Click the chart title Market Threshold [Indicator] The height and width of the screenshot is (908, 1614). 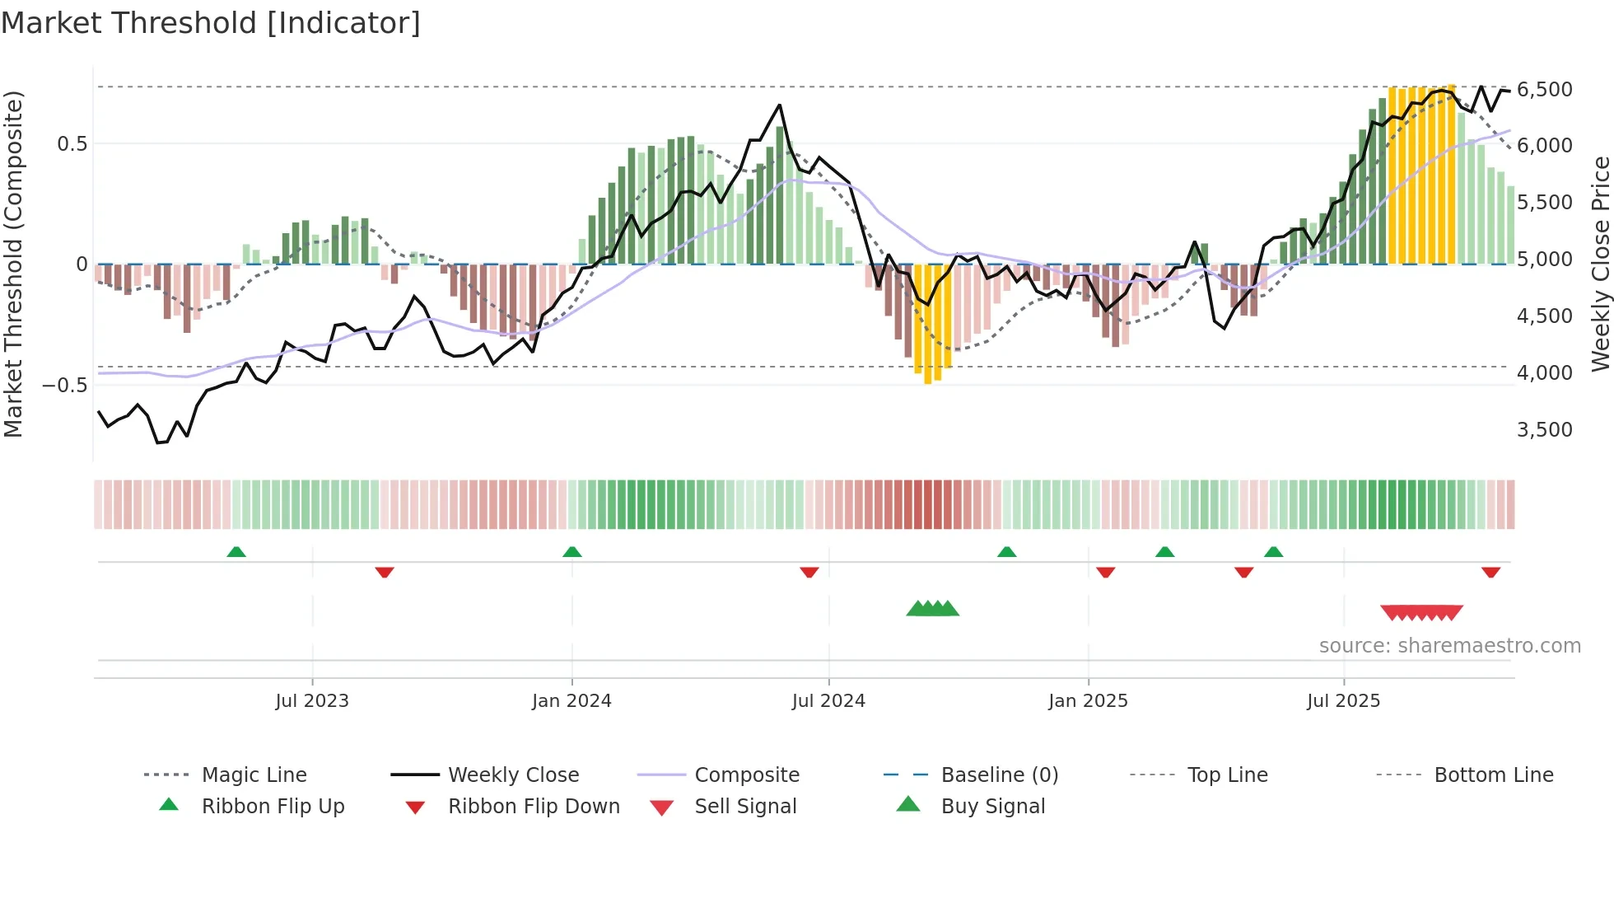[x=211, y=23]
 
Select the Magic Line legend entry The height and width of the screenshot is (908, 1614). [x=254, y=775]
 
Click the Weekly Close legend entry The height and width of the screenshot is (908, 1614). [x=513, y=775]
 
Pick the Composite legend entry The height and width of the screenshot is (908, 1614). [x=746, y=775]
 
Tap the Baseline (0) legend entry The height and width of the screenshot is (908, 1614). [x=999, y=775]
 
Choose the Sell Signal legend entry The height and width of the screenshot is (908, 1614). [x=744, y=806]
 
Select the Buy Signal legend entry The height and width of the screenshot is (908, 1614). [x=992, y=806]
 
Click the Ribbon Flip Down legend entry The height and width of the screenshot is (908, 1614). [x=533, y=806]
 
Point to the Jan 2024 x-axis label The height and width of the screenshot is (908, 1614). [x=571, y=700]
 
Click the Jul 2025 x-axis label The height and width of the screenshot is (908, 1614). [x=1343, y=700]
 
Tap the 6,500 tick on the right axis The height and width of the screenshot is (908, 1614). [x=1544, y=89]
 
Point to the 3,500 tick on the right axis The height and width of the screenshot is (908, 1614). [x=1544, y=429]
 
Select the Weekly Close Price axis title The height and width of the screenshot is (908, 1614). [x=1600, y=264]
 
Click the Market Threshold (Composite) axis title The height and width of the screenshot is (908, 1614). [x=13, y=264]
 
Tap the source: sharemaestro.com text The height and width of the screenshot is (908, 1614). [x=1449, y=645]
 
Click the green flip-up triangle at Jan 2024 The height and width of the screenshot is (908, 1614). [x=572, y=551]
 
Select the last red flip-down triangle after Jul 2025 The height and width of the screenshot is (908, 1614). [x=1490, y=572]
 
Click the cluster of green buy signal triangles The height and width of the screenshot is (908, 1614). [x=932, y=609]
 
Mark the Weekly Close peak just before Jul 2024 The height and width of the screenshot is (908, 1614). [x=779, y=105]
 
